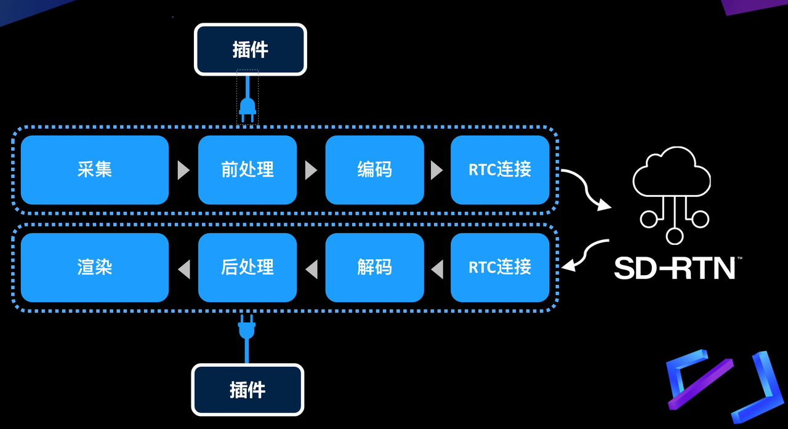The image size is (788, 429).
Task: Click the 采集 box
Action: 95,170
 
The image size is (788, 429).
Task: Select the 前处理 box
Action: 247,170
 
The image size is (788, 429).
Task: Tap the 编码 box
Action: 375,170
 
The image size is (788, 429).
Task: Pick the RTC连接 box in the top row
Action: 500,170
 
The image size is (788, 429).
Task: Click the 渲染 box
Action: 95,268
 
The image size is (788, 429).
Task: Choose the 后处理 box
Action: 247,268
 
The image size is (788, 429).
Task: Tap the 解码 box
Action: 375,268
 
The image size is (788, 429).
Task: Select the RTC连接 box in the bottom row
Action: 500,268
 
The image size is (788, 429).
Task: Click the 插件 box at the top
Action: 251,49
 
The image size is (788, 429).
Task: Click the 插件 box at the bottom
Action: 247,390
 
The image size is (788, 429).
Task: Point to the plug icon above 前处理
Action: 247,110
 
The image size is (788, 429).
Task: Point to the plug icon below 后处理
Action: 247,327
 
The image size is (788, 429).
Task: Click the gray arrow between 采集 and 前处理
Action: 183,170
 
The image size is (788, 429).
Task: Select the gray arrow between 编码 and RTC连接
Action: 436,170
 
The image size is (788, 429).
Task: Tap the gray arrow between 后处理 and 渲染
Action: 184,270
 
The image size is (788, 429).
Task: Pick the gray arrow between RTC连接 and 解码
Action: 437,270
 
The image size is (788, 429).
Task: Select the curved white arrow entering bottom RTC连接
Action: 581,252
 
